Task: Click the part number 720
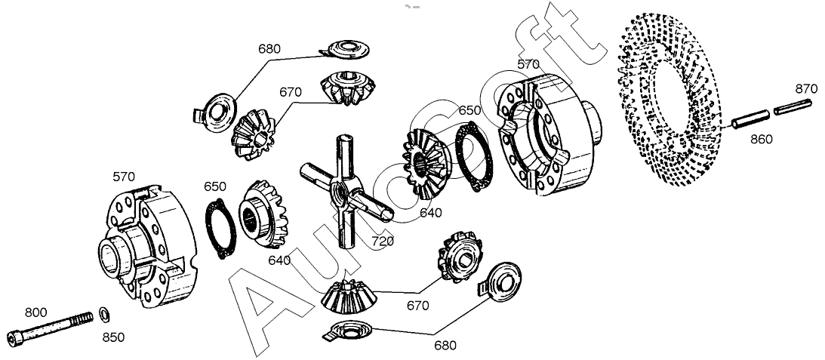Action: [382, 242]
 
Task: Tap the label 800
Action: [36, 312]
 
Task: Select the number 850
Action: [113, 337]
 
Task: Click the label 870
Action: [806, 89]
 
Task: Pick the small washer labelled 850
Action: [104, 313]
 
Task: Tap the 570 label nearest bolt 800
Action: [124, 177]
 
